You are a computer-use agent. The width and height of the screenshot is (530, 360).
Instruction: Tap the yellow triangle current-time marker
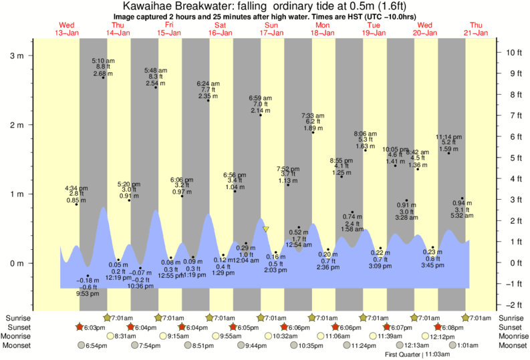click(265, 229)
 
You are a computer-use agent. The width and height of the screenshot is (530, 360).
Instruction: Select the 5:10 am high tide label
click(103, 61)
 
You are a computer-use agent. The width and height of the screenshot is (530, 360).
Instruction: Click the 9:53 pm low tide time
click(87, 293)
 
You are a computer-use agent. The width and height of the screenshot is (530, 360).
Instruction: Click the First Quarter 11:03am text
click(416, 355)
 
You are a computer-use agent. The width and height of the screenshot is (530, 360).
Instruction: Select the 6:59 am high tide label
click(261, 98)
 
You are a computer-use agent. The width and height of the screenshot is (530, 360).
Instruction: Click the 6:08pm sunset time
click(456, 327)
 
